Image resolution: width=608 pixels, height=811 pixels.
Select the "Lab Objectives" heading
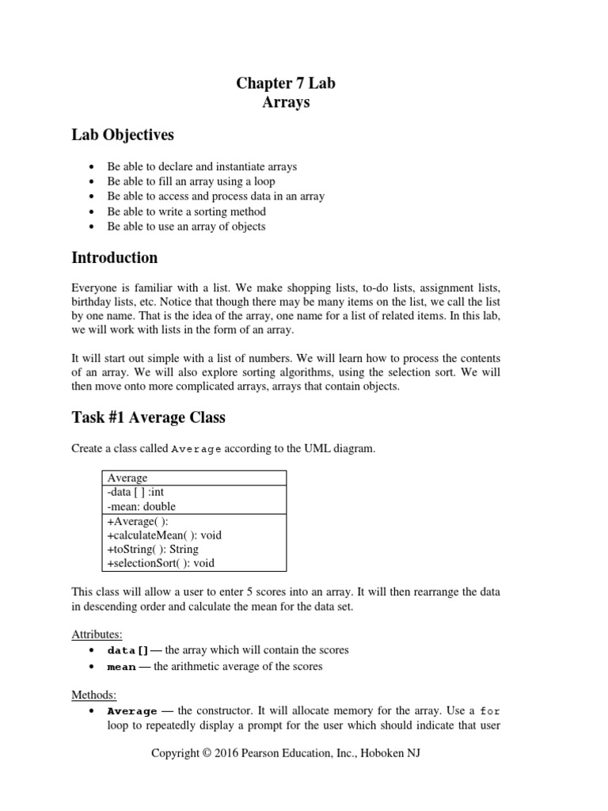pyautogui.click(x=123, y=135)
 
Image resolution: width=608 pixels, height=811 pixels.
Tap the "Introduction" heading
pyautogui.click(x=114, y=257)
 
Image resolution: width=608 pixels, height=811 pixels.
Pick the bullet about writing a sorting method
pyautogui.click(x=186, y=211)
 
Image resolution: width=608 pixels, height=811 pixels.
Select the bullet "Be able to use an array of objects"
pyautogui.click(x=186, y=227)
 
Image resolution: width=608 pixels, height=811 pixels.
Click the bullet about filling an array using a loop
pyautogui.click(x=191, y=181)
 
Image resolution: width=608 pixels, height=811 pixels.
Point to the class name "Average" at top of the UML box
pyautogui.click(x=126, y=478)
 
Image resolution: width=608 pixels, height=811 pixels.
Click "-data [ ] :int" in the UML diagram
pyautogui.click(x=135, y=492)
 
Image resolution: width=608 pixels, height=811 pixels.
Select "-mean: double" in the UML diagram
pyautogui.click(x=140, y=506)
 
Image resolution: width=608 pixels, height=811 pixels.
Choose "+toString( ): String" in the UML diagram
pyautogui.click(x=151, y=549)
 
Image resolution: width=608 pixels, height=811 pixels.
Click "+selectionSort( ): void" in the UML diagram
pyautogui.click(x=159, y=563)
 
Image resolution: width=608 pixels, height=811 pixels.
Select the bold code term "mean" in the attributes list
pyautogui.click(x=121, y=667)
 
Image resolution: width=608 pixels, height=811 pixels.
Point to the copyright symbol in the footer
pyautogui.click(x=208, y=753)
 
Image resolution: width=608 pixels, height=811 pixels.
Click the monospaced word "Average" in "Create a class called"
pyautogui.click(x=196, y=450)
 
